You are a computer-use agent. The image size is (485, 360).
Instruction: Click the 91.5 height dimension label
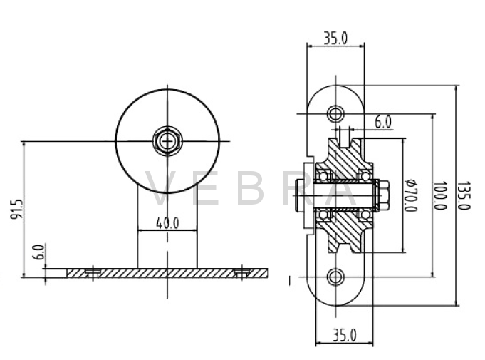(17, 210)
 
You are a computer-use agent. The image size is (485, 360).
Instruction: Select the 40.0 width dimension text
(167, 223)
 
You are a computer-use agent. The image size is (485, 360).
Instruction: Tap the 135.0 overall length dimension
(464, 195)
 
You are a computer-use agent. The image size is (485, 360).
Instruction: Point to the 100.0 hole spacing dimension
(439, 195)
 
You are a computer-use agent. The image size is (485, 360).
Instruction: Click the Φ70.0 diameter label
(411, 195)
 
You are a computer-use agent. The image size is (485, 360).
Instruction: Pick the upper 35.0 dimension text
(335, 38)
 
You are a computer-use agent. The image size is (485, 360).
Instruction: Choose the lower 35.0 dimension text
(344, 335)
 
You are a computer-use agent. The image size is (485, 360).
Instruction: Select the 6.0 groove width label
(383, 122)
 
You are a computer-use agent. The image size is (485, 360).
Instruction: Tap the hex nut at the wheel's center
(167, 141)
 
